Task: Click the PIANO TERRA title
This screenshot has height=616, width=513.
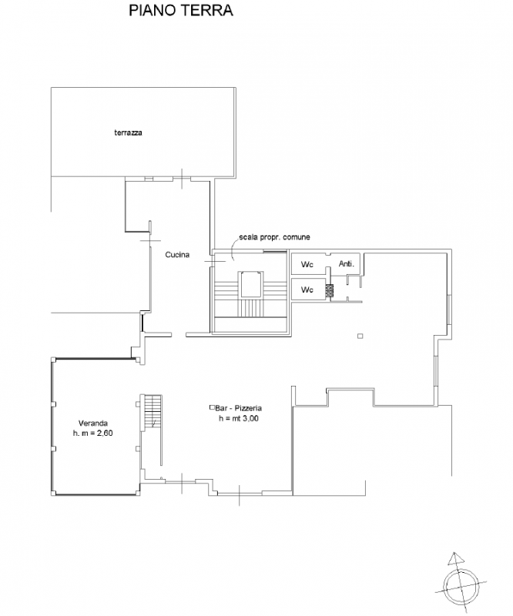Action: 181,11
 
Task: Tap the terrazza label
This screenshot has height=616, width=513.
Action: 128,132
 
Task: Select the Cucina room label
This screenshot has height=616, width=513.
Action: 177,255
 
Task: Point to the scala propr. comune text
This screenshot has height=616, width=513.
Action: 274,237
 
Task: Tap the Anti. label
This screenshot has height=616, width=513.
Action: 347,264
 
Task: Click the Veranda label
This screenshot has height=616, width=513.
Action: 93,423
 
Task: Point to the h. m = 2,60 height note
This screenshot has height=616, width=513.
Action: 92,433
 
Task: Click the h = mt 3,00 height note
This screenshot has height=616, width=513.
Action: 239,418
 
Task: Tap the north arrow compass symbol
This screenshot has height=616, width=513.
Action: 461,583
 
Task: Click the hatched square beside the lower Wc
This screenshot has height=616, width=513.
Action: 330,290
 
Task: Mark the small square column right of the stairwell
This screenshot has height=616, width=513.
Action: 360,336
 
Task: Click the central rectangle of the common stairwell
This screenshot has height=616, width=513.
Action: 251,284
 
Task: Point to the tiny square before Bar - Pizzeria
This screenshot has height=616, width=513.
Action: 212,407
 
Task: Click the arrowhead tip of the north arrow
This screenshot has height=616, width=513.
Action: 454,552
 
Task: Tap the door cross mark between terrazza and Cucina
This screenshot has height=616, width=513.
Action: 182,179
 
